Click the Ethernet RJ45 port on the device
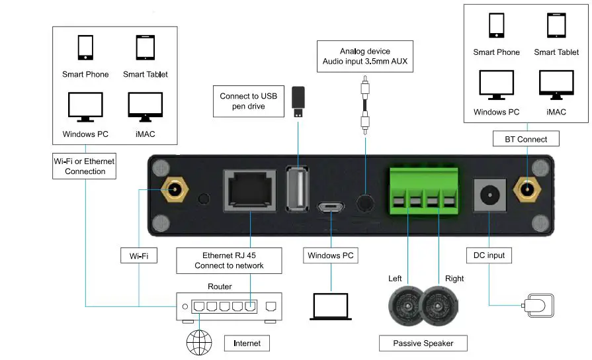tap(251, 191)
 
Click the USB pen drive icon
tap(298, 102)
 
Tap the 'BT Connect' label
tap(527, 139)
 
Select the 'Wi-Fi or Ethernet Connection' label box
tap(85, 165)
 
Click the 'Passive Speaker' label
tap(423, 343)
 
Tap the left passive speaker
tap(405, 305)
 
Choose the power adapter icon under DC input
tap(536, 306)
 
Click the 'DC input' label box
tap(489, 255)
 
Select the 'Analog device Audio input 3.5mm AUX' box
tap(365, 57)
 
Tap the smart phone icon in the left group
tap(85, 48)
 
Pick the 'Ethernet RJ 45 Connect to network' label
tap(229, 260)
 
